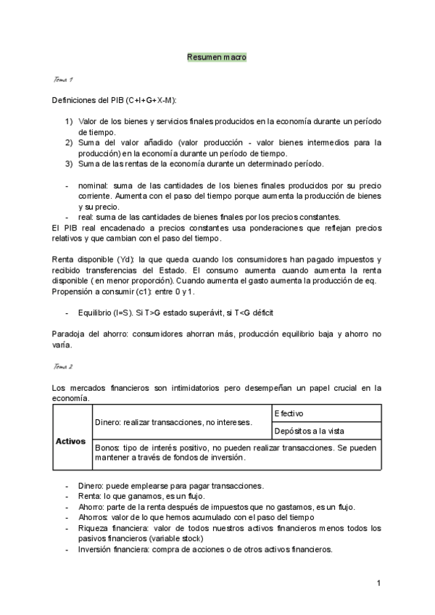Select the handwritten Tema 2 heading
(64, 368)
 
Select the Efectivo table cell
(289, 412)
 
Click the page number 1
(378, 583)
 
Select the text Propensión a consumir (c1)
(105, 291)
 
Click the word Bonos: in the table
(107, 448)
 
